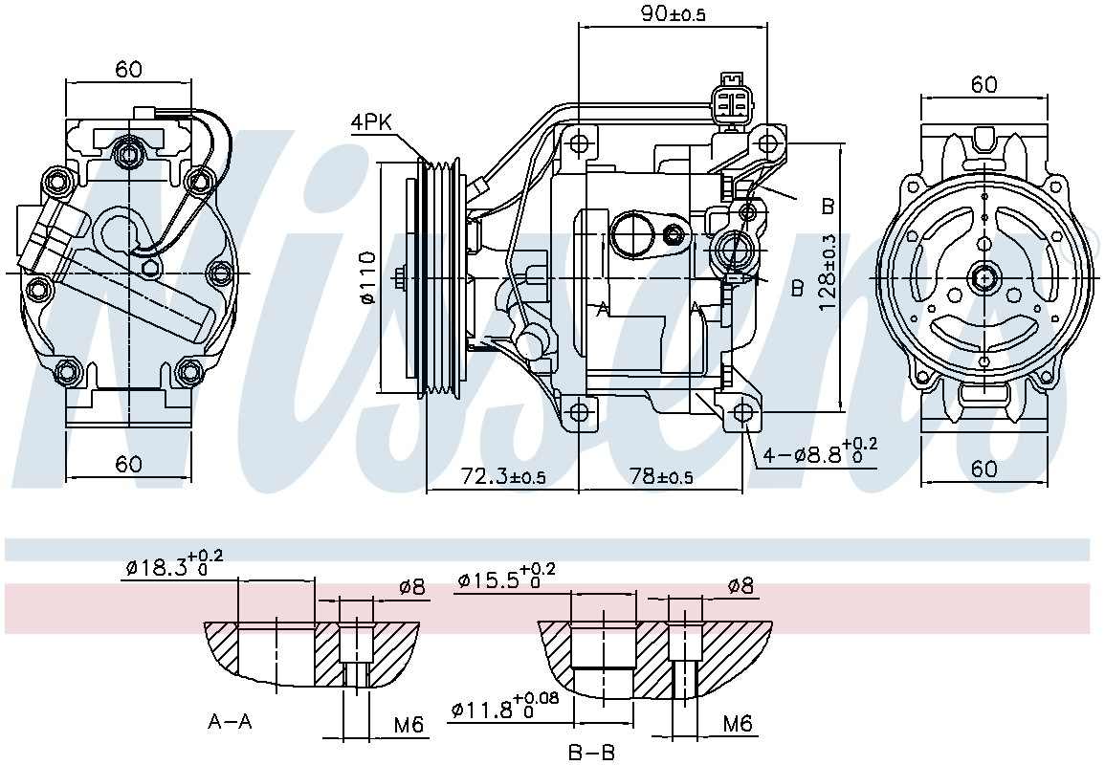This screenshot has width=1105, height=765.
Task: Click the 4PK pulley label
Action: [371, 122]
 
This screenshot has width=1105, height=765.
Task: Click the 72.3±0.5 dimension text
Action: [503, 476]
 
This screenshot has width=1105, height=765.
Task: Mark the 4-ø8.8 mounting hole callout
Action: [820, 453]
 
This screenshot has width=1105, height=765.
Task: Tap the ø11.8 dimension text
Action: [504, 709]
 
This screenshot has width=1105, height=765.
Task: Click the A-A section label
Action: [230, 721]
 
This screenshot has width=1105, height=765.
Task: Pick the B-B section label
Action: [591, 753]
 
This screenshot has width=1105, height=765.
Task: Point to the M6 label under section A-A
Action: [409, 726]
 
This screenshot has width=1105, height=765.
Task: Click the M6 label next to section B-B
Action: [737, 724]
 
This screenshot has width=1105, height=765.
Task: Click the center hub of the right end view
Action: [984, 278]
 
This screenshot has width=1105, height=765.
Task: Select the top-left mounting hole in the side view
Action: [578, 143]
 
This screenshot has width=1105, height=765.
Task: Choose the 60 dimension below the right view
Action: [984, 468]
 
